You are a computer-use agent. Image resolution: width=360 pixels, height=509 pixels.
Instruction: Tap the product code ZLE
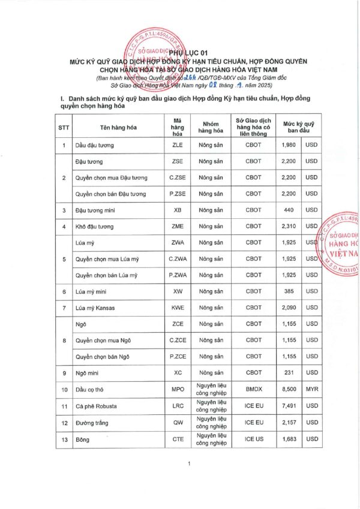tap(178, 145)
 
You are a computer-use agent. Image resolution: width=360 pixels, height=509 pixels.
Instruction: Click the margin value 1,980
tap(287, 145)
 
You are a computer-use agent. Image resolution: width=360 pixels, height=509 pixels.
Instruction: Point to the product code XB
tap(178, 210)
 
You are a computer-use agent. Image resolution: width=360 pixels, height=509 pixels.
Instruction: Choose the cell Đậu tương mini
tap(95, 210)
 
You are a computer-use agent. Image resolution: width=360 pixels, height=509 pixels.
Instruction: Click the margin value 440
tap(287, 210)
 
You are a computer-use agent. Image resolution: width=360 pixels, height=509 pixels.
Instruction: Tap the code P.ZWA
tap(178, 275)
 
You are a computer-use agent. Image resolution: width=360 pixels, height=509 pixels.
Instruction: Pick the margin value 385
tap(287, 291)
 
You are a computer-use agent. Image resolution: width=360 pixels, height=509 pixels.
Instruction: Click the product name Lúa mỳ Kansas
tap(95, 308)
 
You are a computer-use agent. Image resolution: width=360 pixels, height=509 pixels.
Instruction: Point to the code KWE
tap(178, 308)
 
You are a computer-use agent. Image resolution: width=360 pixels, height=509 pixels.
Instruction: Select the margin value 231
tap(287, 372)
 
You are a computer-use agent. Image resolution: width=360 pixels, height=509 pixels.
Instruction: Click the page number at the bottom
tap(188, 464)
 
